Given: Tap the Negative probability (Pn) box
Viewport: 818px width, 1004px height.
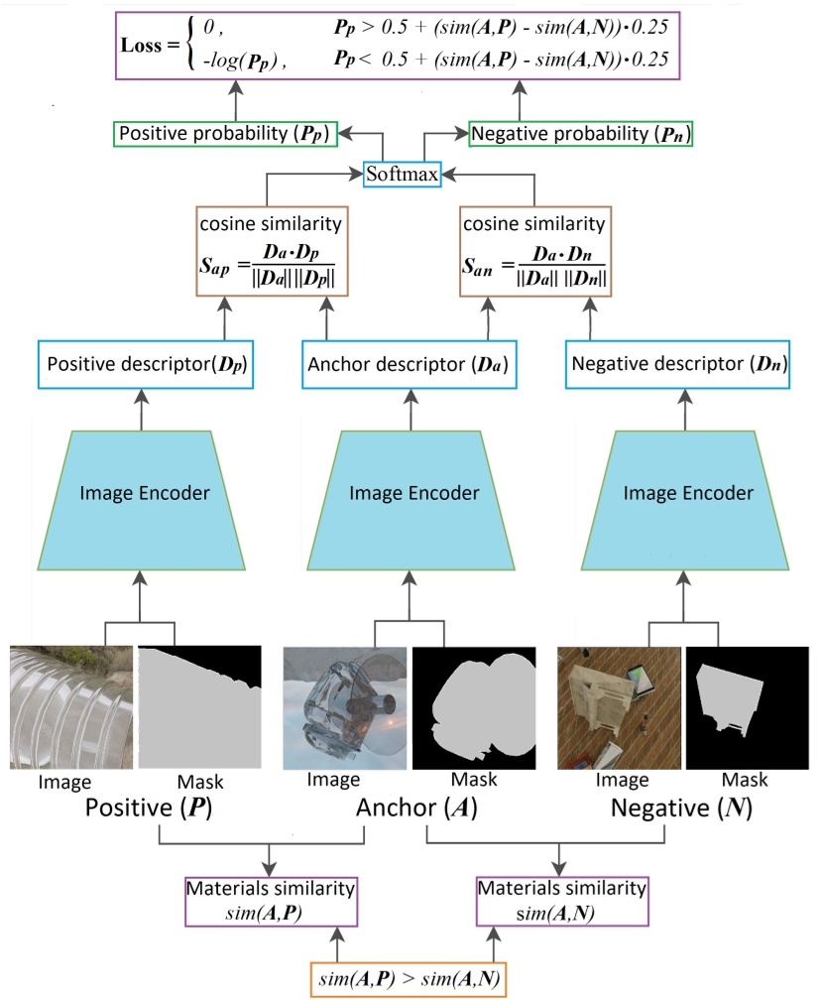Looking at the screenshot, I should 580,132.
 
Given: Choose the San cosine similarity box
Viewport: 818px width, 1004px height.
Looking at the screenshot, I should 534,252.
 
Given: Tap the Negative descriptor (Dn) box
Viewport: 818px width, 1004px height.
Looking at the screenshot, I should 679,365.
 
